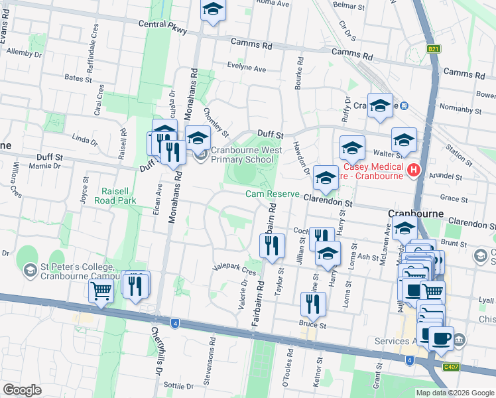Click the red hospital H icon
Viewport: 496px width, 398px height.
(x=414, y=170)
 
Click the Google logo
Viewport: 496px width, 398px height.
(x=22, y=390)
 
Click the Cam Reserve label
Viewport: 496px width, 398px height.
(x=273, y=194)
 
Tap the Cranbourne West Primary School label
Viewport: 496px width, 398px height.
(x=247, y=155)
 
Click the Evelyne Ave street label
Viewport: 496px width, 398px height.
(x=246, y=68)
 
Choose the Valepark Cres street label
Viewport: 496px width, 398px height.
(x=233, y=270)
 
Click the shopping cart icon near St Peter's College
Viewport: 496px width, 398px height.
(x=101, y=290)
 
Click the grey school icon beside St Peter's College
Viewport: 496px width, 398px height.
(x=29, y=270)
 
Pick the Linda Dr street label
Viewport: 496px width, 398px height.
(x=84, y=141)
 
